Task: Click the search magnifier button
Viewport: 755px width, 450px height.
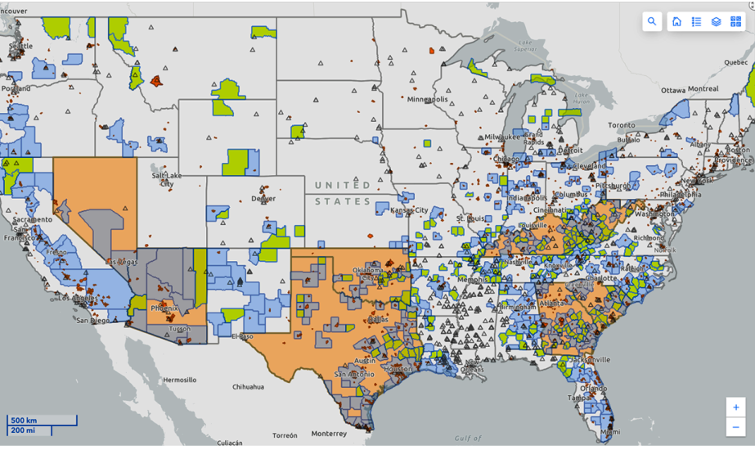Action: tap(652, 22)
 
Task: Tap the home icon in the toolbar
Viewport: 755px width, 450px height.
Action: tap(676, 22)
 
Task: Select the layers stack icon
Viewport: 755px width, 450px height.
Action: tap(716, 22)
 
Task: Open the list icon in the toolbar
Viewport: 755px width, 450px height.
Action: tap(696, 22)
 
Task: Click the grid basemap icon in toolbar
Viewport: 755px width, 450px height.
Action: tap(735, 22)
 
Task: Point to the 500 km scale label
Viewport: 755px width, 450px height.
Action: tap(24, 421)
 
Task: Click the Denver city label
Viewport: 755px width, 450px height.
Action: tap(263, 199)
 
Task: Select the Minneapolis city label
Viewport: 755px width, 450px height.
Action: tap(428, 99)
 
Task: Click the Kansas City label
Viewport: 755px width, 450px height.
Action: tap(409, 210)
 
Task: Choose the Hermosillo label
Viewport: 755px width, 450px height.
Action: tap(178, 380)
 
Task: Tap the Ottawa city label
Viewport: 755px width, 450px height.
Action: tap(653, 89)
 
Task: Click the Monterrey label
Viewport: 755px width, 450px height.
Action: tap(329, 434)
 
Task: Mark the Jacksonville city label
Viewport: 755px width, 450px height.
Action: tap(586, 359)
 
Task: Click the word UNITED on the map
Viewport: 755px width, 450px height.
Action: tap(343, 185)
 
